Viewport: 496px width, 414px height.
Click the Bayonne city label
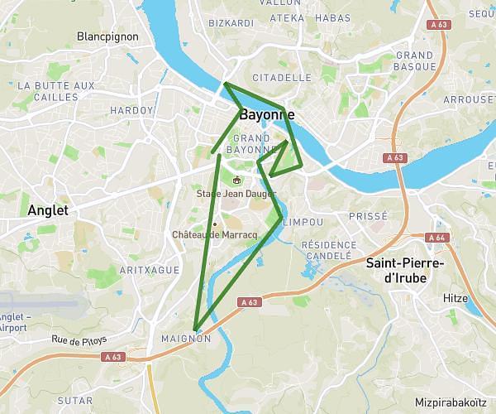coord(267,114)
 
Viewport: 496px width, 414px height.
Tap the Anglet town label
coord(47,210)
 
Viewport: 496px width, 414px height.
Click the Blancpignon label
coord(106,36)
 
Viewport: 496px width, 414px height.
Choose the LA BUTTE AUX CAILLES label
coord(55,91)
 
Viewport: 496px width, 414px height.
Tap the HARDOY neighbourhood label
coord(131,109)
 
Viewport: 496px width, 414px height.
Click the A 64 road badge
coord(436,238)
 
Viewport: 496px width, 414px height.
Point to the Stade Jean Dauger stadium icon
coord(237,180)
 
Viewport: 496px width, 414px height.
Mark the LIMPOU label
coord(303,222)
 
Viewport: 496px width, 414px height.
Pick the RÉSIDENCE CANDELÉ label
coord(327,251)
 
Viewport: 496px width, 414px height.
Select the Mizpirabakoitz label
coord(451,403)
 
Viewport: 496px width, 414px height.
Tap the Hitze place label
coord(455,298)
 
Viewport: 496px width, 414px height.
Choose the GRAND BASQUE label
coord(414,60)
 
